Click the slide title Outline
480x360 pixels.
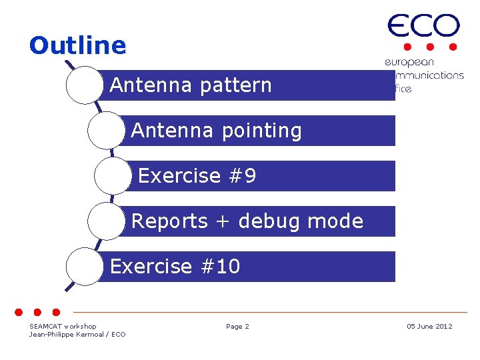(77, 45)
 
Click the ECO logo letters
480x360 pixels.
(423, 27)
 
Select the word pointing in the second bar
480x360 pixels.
(262, 131)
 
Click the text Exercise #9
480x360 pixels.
(197, 176)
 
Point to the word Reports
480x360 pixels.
(170, 221)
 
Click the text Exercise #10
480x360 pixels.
(175, 267)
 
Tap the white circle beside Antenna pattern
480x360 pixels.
(85, 85)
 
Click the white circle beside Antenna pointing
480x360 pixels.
(106, 131)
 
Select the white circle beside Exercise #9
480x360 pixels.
(113, 176)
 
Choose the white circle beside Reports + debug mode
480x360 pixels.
(106, 221)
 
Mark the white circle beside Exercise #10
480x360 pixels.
(85, 267)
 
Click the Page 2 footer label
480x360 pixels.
(237, 326)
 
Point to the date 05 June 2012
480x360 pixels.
(429, 326)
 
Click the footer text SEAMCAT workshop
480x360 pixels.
(63, 326)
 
